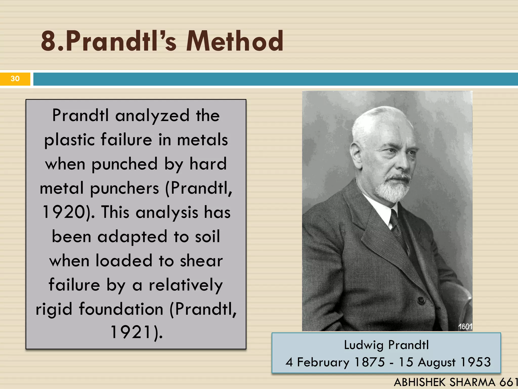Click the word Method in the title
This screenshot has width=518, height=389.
[235, 41]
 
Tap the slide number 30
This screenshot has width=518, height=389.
[15, 79]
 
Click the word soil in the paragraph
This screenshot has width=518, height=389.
[207, 237]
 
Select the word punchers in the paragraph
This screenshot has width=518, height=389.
[124, 188]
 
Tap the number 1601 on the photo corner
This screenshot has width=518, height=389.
[465, 327]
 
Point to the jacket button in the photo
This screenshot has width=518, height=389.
[421, 301]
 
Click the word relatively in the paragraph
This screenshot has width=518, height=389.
[186, 285]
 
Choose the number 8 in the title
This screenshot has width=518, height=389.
[49, 41]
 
